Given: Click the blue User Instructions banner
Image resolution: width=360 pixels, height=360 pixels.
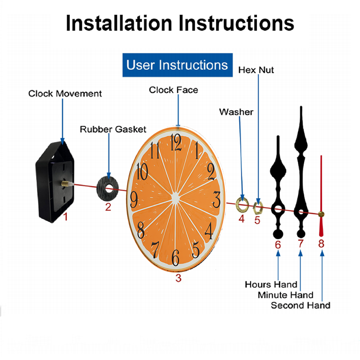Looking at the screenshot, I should [177, 65].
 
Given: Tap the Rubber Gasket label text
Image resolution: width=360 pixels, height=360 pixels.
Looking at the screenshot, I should [113, 129].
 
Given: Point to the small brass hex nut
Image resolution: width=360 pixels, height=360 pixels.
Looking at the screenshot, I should [258, 207].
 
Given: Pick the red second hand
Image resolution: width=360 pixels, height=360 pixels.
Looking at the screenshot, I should [321, 194].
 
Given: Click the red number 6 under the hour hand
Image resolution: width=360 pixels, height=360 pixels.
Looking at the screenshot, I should [278, 245].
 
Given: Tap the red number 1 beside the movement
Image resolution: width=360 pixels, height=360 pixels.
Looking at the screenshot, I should [66, 217].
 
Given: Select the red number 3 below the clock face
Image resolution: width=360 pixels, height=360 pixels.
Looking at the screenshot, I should [178, 278].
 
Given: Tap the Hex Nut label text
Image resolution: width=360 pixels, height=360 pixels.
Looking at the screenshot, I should [256, 70].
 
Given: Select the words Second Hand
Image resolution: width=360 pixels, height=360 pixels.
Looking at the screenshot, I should [300, 306].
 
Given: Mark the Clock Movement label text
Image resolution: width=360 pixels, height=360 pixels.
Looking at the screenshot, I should [65, 94].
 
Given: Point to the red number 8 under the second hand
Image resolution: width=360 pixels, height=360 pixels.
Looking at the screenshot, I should [321, 244].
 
